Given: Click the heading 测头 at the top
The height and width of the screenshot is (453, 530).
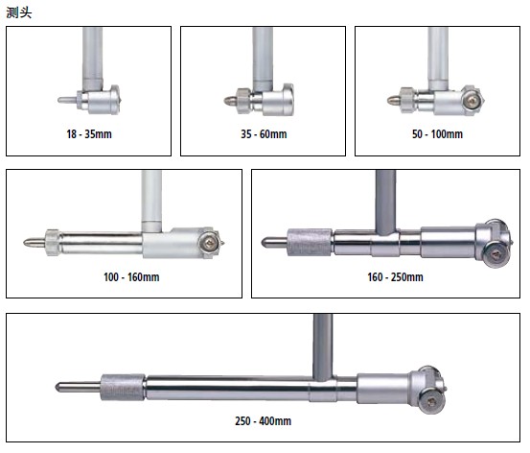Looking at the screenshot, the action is pos(19,12).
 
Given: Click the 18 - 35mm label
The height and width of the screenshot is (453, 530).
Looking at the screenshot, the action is pos(89,134).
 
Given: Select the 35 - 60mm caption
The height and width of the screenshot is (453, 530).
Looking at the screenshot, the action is pos(264,134).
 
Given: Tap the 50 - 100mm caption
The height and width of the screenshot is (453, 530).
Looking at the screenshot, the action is pos(437,134).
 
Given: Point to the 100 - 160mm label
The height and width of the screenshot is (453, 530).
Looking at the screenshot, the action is pos(131,277).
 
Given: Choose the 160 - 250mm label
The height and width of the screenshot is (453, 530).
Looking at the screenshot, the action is pos(395,277).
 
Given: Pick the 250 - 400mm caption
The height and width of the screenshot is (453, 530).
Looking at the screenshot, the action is pos(263,420).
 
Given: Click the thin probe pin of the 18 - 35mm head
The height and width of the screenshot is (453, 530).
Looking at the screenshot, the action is pos(68,100).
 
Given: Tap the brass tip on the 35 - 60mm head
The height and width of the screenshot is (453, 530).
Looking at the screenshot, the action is pos(230,100).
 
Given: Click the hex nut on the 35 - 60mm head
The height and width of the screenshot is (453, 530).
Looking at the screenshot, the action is pos(243,100).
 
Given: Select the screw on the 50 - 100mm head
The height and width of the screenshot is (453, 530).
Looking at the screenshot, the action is pos(472,101).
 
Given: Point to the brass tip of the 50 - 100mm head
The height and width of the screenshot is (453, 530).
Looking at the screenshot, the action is pos(394,100).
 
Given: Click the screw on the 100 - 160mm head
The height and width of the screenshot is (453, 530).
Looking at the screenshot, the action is pos(208,243).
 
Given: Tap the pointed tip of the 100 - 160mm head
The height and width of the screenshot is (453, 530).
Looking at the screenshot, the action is pos(34,242).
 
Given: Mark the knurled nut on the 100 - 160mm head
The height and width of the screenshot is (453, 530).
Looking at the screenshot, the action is pos(53,242).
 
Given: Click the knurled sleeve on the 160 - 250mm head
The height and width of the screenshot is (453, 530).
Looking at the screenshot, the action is pos(310,242).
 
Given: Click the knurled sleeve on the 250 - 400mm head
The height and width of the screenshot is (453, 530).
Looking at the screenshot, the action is pos(123,388).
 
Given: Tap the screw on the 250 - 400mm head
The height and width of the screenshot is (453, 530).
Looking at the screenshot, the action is pos(432,401).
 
